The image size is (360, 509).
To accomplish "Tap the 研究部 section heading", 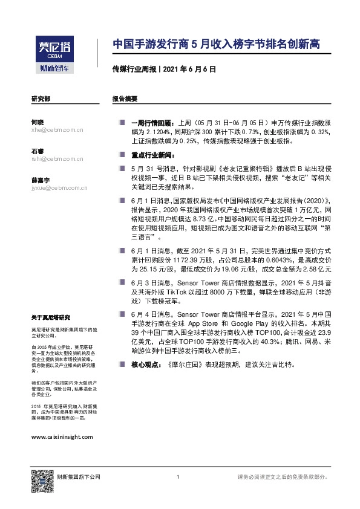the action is click(x=41, y=99).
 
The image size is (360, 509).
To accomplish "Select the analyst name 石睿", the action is click(x=37, y=151).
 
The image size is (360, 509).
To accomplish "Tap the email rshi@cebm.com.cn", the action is click(x=57, y=159).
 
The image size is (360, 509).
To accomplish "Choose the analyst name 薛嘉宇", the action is click(x=40, y=180).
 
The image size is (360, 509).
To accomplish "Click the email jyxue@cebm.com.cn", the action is click(x=59, y=188).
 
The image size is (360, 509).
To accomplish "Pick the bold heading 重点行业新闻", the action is click(x=151, y=155).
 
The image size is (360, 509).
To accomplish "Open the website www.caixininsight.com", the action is click(x=62, y=436).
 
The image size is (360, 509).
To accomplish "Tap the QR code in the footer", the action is click(x=41, y=477).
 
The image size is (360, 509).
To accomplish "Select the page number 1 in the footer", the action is click(x=178, y=478).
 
